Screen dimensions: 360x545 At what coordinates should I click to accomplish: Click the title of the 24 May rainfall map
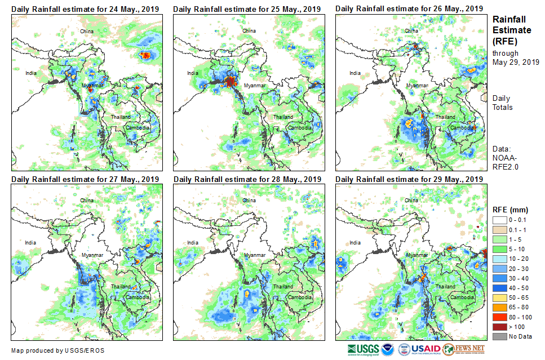pyautogui.click(x=85, y=8)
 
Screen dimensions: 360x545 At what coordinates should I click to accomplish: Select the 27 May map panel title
pyautogui.click(x=85, y=179)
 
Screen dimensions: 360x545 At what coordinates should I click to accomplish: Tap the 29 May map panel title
pyautogui.click(x=409, y=179)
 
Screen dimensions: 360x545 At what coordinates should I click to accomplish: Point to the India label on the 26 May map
pyautogui.click(x=355, y=73)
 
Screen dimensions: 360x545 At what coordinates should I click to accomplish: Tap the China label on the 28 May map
pyautogui.click(x=249, y=201)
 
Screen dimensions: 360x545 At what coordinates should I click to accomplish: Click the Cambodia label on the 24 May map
pyautogui.click(x=138, y=128)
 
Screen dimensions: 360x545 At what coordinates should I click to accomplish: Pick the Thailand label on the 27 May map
pyautogui.click(x=120, y=287)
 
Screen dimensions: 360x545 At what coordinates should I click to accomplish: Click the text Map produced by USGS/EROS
pyautogui.click(x=57, y=350)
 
